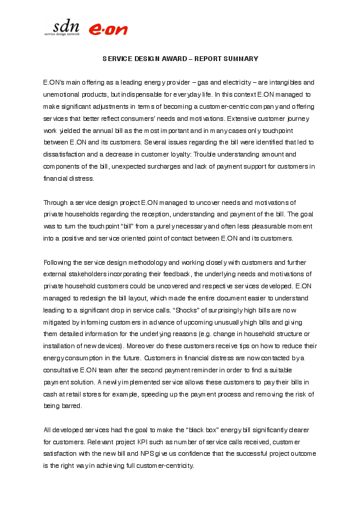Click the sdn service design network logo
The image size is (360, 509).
[62, 28]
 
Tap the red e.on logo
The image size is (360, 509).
[108, 30]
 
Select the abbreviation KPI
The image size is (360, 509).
[148, 441]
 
